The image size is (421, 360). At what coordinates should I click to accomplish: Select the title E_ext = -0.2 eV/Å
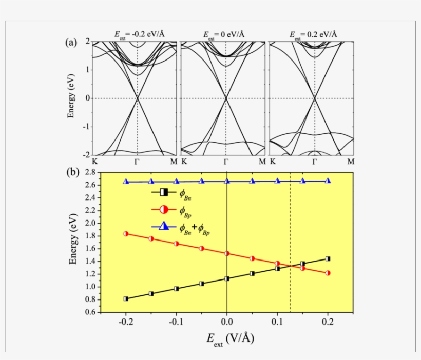139,34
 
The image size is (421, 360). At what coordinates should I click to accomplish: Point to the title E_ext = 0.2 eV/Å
313,34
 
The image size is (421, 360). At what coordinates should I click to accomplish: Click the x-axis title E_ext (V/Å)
226,339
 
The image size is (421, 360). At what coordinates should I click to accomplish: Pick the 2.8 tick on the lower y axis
90,173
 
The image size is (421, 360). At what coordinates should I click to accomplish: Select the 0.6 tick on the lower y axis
90,312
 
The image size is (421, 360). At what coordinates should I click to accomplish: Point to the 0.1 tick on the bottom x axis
277,321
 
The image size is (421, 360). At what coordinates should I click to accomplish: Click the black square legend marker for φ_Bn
163,192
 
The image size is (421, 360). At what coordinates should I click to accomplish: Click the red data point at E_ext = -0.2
126,234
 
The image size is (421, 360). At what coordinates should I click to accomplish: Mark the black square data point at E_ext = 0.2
328,259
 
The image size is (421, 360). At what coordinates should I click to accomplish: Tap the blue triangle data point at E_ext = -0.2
126,182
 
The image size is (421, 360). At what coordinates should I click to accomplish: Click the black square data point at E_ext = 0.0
227,278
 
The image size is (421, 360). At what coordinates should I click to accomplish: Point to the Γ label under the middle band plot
226,162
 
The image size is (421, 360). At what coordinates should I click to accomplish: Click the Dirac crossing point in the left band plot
137,98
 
